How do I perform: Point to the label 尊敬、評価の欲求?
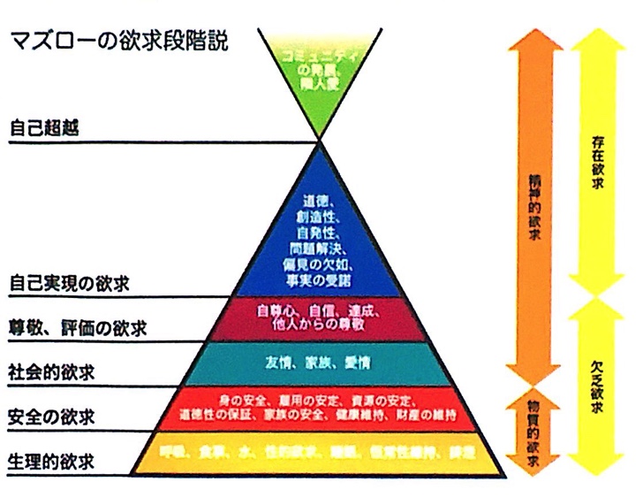click(77, 328)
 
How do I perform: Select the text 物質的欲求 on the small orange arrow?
click(528, 433)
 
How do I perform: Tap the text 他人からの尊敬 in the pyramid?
click(321, 325)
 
